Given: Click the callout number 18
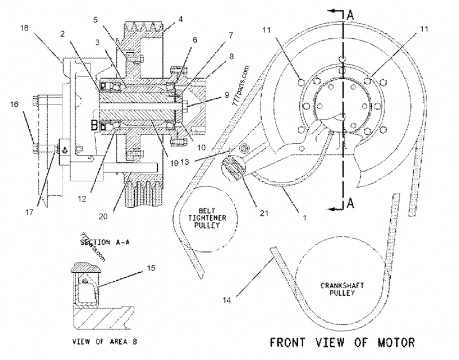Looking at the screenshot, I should tap(24, 27).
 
